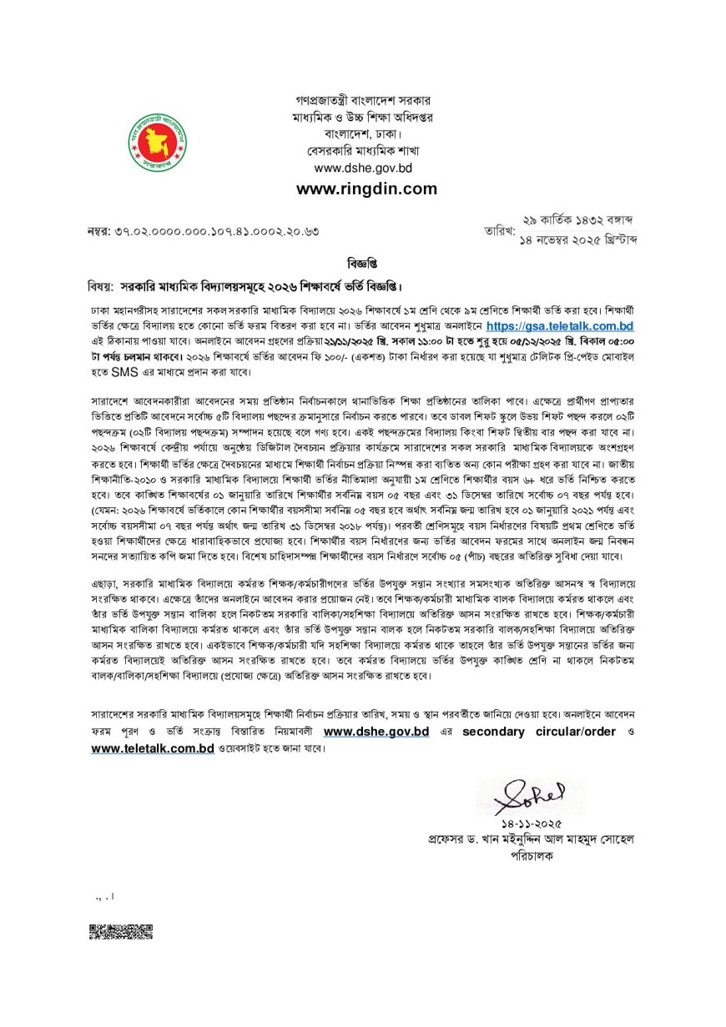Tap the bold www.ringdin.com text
coord(366,189)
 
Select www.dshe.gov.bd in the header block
coord(366,168)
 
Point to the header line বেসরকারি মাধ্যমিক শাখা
coord(366,151)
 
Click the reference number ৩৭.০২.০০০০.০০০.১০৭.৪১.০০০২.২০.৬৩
coord(218,230)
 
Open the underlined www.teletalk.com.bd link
coord(154,748)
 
